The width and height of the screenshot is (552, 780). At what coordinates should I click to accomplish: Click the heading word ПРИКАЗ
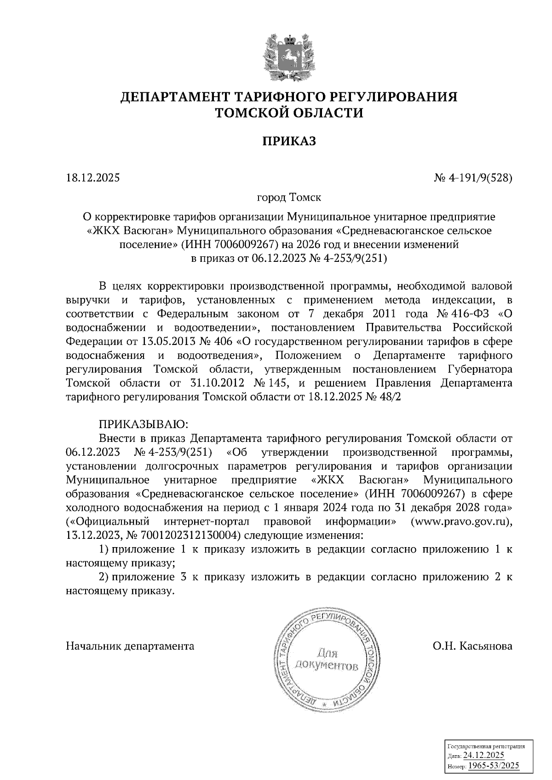(x=289, y=141)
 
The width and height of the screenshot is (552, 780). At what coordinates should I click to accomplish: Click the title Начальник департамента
(x=130, y=646)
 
